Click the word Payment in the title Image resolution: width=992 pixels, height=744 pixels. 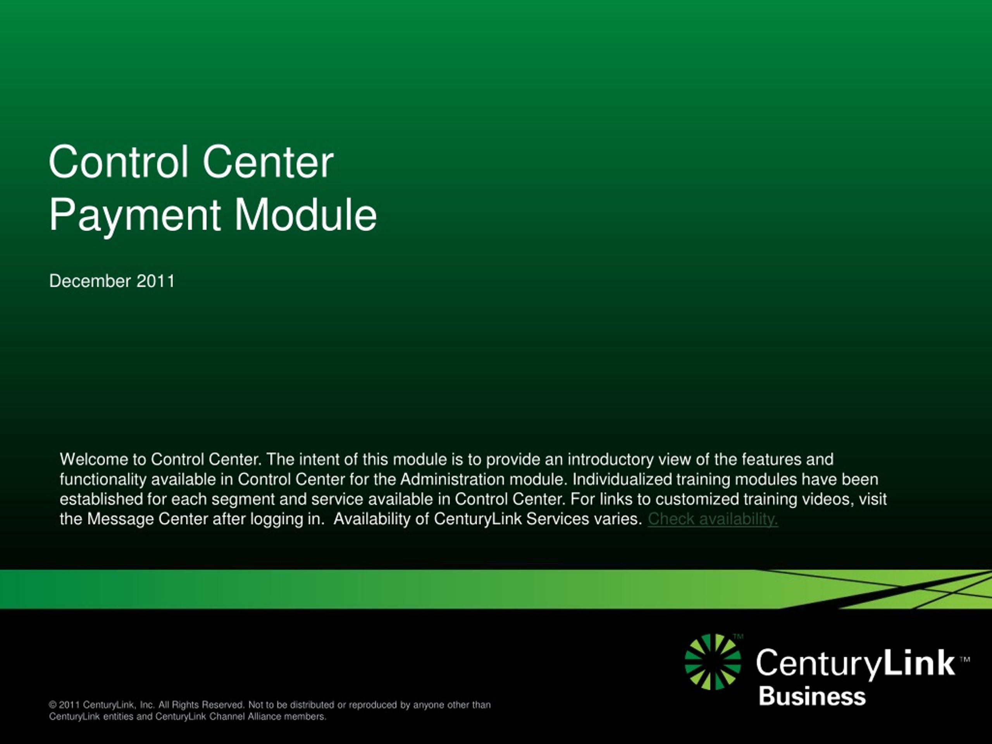134,216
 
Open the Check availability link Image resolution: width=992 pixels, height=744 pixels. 713,519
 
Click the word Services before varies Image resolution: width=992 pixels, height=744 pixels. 558,519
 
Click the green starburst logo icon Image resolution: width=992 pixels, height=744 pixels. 713,662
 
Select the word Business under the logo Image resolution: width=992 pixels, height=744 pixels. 812,697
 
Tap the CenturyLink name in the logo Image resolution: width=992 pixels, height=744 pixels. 856,663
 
